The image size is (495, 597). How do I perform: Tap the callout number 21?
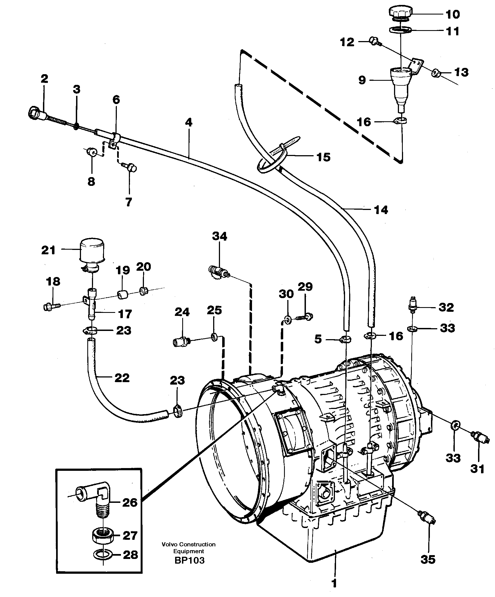coord(48,250)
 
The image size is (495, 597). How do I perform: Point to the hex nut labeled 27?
coord(103,536)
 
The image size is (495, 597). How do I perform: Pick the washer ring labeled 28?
coord(103,555)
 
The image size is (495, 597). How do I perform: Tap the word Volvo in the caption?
coord(169,544)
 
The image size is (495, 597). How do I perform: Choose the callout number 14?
coord(381,210)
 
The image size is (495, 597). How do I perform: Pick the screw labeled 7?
coord(131,168)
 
